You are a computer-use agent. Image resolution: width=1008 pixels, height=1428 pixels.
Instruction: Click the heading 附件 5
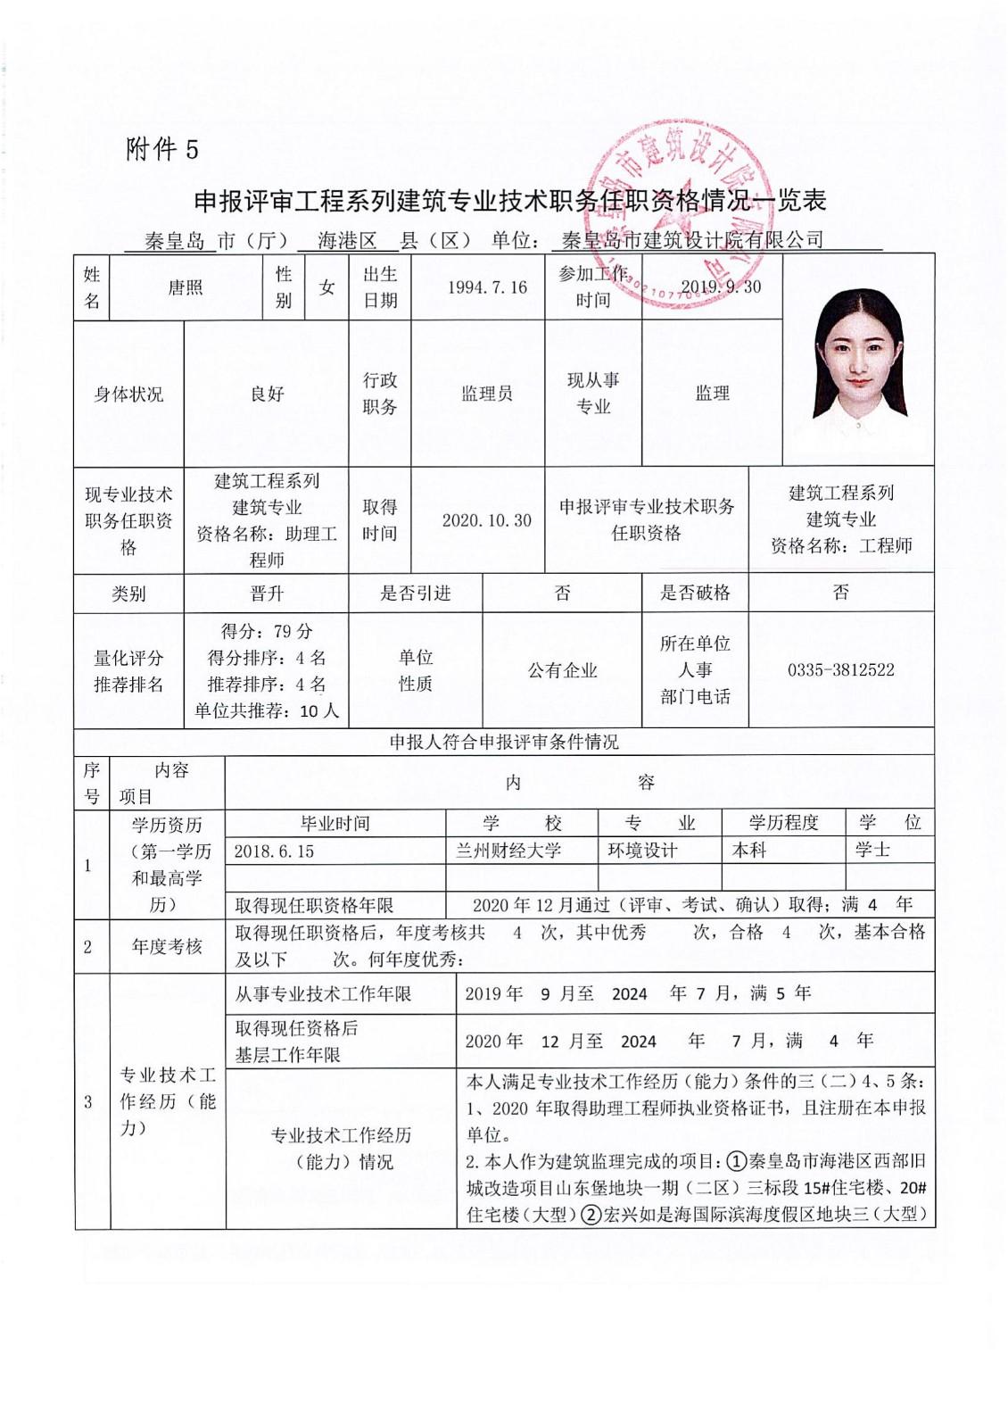coord(162,149)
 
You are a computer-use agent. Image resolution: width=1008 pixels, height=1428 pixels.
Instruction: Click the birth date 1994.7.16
coord(487,287)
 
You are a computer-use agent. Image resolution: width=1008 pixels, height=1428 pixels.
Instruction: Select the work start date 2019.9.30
coord(721,286)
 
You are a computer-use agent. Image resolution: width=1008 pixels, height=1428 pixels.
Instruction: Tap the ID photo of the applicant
coord(858,359)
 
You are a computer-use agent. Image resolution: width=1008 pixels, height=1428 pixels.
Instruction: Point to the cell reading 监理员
coord(487,394)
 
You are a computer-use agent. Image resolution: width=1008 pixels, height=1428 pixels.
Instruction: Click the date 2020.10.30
coord(487,520)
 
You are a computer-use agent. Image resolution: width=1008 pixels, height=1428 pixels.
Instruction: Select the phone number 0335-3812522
coord(840,670)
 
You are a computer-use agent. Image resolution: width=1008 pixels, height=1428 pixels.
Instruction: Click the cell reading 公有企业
coord(562,670)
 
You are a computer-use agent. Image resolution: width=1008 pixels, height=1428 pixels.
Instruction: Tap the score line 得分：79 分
coord(267,631)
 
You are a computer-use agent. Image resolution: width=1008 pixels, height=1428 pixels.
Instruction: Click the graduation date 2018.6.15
coord(275,851)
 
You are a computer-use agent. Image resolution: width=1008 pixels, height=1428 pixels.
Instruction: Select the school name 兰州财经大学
coord(508,851)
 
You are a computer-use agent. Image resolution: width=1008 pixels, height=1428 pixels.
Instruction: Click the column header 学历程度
coord(783,823)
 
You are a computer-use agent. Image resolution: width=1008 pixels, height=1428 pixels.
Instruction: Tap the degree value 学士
coord(872,850)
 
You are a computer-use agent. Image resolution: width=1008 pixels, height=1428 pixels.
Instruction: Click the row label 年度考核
coord(167,946)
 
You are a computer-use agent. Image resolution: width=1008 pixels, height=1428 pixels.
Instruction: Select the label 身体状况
coord(128,394)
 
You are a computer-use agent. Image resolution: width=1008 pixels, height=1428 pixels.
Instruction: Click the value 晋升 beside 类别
coord(267,594)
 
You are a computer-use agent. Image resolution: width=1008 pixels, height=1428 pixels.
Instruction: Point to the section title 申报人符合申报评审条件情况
coord(504,743)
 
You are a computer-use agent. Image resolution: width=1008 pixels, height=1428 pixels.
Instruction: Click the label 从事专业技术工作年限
coord(323,994)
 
